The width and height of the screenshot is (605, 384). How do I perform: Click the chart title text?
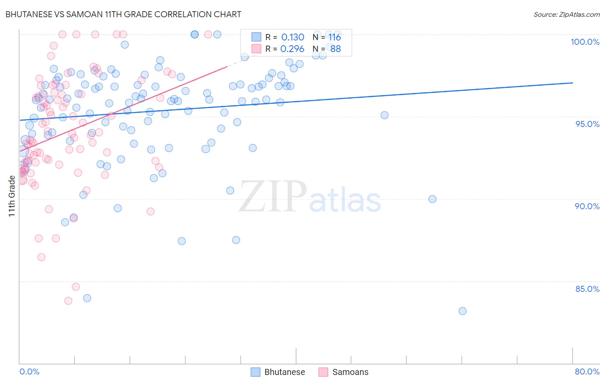click(x=123, y=14)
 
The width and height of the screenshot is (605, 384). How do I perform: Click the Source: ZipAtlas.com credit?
click(x=566, y=15)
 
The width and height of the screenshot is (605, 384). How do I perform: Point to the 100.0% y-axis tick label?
click(x=585, y=42)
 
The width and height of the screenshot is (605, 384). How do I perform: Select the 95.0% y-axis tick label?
click(x=587, y=124)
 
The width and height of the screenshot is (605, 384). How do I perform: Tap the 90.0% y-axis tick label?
click(x=587, y=206)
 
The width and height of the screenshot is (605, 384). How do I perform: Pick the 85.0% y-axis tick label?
click(x=587, y=289)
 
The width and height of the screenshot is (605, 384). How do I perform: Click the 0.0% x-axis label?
click(x=29, y=372)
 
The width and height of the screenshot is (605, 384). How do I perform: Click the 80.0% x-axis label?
click(x=587, y=372)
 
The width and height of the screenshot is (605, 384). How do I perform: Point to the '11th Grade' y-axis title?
click(x=12, y=196)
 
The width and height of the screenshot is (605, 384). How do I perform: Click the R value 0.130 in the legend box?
click(x=293, y=37)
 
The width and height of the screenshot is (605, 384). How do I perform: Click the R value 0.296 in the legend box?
click(x=292, y=49)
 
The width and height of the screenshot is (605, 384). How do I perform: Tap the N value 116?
click(x=334, y=37)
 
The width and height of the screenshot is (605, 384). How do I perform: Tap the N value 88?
click(x=335, y=49)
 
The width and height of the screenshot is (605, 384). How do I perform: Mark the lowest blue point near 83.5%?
click(x=463, y=311)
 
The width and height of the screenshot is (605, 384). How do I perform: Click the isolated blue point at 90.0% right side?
click(x=432, y=199)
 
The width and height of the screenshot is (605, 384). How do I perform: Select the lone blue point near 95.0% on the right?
click(x=385, y=115)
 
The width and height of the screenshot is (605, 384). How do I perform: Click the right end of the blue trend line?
click(x=572, y=83)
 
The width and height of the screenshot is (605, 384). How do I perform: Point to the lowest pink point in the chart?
click(x=68, y=301)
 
